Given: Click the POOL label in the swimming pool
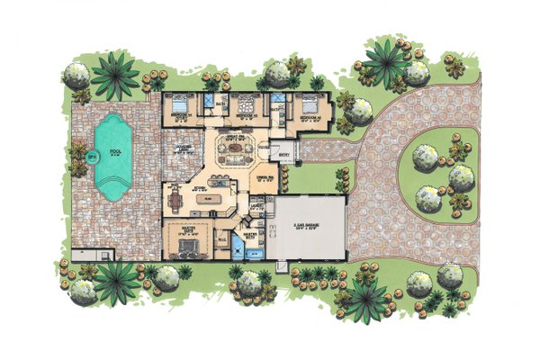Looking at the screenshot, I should pyautogui.click(x=114, y=151).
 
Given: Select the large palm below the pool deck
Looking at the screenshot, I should pyautogui.click(x=117, y=279).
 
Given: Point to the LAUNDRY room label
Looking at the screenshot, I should pyautogui.click(x=258, y=207).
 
